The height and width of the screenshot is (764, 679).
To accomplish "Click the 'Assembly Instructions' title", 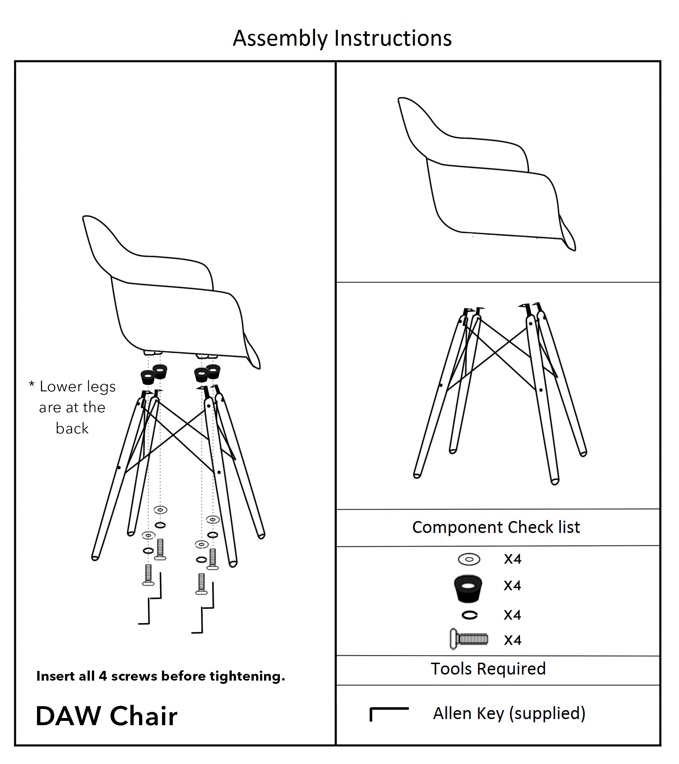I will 342,38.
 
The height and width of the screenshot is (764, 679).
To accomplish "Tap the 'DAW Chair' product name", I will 106,716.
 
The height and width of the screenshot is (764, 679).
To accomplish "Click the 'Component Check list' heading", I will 496,527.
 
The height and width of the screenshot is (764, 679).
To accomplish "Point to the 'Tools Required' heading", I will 488,668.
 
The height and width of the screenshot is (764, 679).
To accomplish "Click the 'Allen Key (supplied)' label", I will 509,713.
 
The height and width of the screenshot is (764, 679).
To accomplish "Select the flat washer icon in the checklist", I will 469,559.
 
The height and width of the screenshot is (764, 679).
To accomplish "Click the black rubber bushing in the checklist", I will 468,588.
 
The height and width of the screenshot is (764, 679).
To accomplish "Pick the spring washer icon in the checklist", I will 469,615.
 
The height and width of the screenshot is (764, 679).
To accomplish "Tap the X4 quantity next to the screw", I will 512,640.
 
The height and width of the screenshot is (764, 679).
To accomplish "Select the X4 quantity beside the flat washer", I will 512,559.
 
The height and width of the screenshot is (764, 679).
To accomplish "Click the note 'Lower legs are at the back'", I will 73,407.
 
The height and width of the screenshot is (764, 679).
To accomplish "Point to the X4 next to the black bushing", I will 512,586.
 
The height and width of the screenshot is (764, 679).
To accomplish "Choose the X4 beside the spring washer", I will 512,615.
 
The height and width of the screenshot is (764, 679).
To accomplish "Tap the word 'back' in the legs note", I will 72,428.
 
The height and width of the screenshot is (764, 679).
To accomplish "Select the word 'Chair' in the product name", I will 143,716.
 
